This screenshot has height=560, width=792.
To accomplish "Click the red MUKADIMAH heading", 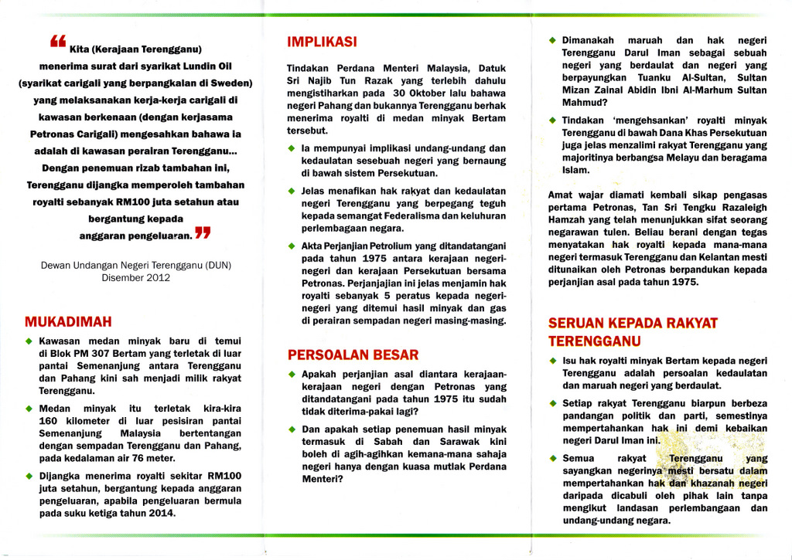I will (68, 321).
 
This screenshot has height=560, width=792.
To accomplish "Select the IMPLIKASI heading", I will (322, 41).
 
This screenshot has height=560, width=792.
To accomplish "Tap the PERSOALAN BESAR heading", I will (353, 355).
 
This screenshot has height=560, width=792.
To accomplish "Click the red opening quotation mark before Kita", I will (58, 42).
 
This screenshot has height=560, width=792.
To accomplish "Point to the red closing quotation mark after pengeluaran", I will (203, 232).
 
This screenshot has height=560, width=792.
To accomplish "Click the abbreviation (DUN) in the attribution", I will (217, 265).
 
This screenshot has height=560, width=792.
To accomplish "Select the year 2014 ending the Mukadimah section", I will (161, 513).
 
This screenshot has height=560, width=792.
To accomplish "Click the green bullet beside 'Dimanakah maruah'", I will (551, 40).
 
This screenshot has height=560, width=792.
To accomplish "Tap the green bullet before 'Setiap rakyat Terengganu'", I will (551, 403).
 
